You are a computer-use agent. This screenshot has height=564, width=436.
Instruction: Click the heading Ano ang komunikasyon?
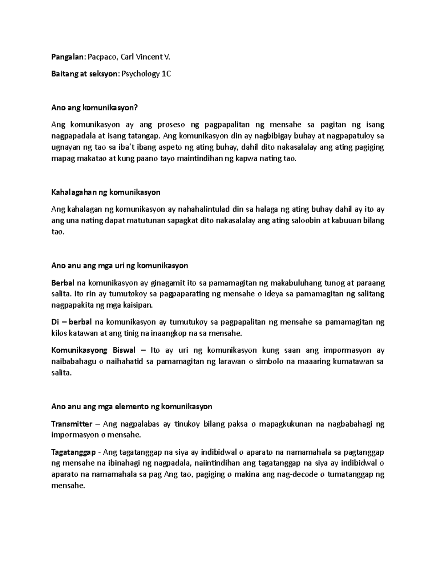pyautogui.click(x=95, y=108)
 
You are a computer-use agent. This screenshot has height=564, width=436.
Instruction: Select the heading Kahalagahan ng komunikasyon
pyautogui.click(x=106, y=192)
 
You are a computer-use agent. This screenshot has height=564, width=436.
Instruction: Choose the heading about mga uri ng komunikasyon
pyautogui.click(x=120, y=265)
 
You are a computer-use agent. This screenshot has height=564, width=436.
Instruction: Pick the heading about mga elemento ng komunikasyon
pyautogui.click(x=132, y=406)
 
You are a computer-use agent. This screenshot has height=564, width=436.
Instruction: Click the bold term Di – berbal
pyautogui.click(x=72, y=322)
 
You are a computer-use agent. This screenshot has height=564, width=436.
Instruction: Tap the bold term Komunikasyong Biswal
pyautogui.click(x=93, y=350)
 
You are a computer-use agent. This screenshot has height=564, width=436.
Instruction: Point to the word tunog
pyautogui.click(x=324, y=283)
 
